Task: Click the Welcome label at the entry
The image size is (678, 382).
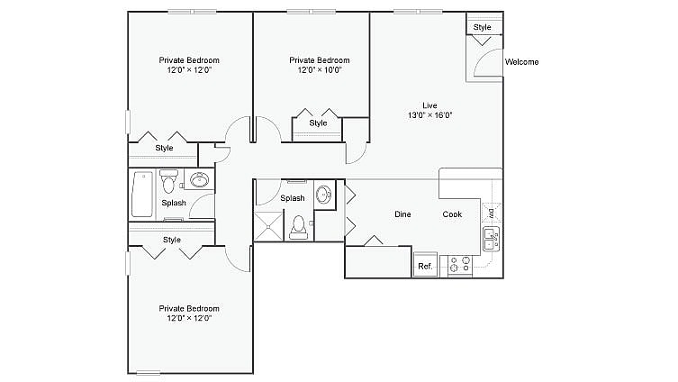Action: click(521, 62)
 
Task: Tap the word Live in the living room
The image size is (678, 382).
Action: click(429, 105)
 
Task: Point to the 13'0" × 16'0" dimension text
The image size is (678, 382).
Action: click(429, 115)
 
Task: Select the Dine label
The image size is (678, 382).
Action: click(403, 214)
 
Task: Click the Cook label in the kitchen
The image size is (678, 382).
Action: click(452, 214)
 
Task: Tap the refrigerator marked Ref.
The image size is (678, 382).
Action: click(425, 266)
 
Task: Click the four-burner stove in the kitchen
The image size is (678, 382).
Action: click(459, 265)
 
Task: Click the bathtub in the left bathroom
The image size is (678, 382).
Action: click(142, 194)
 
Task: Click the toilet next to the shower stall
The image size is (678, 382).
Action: click(299, 227)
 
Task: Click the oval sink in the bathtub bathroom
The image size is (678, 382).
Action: click(199, 180)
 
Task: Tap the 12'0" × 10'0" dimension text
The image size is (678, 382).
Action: click(319, 70)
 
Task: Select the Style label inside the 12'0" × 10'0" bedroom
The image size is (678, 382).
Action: click(318, 123)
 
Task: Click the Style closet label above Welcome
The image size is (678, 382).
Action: click(483, 27)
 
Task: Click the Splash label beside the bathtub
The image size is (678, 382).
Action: click(174, 203)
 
